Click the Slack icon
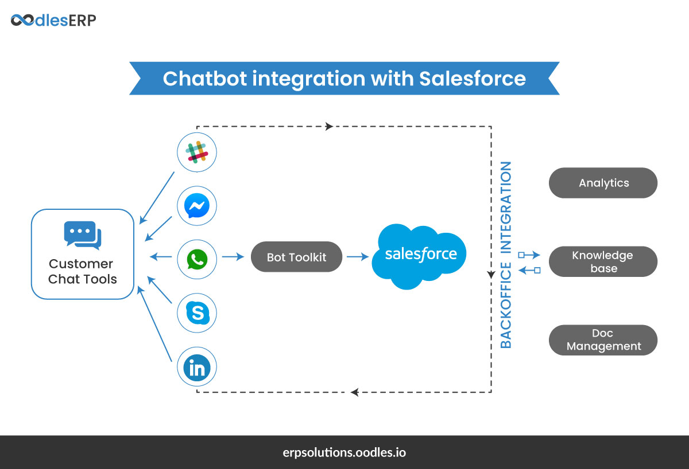197,152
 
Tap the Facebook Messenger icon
197,205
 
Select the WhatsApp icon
197,259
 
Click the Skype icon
197,313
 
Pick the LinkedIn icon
197,368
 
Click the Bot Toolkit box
296,257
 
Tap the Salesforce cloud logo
420,254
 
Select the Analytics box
603,183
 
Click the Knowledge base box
603,261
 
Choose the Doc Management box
603,340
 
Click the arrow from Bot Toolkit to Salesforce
358,257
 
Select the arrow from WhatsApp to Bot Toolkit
233,257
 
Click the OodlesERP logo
53,21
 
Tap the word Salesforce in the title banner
472,79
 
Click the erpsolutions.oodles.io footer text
344,452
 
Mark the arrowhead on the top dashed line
329,126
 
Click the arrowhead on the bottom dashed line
355,392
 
